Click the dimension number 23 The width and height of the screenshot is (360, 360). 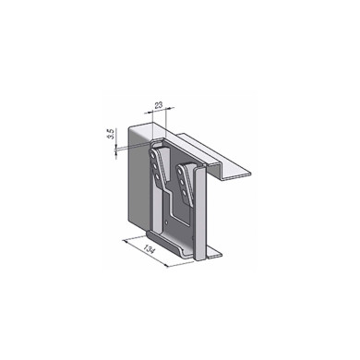159,106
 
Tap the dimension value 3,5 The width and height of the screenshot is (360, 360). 110,138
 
